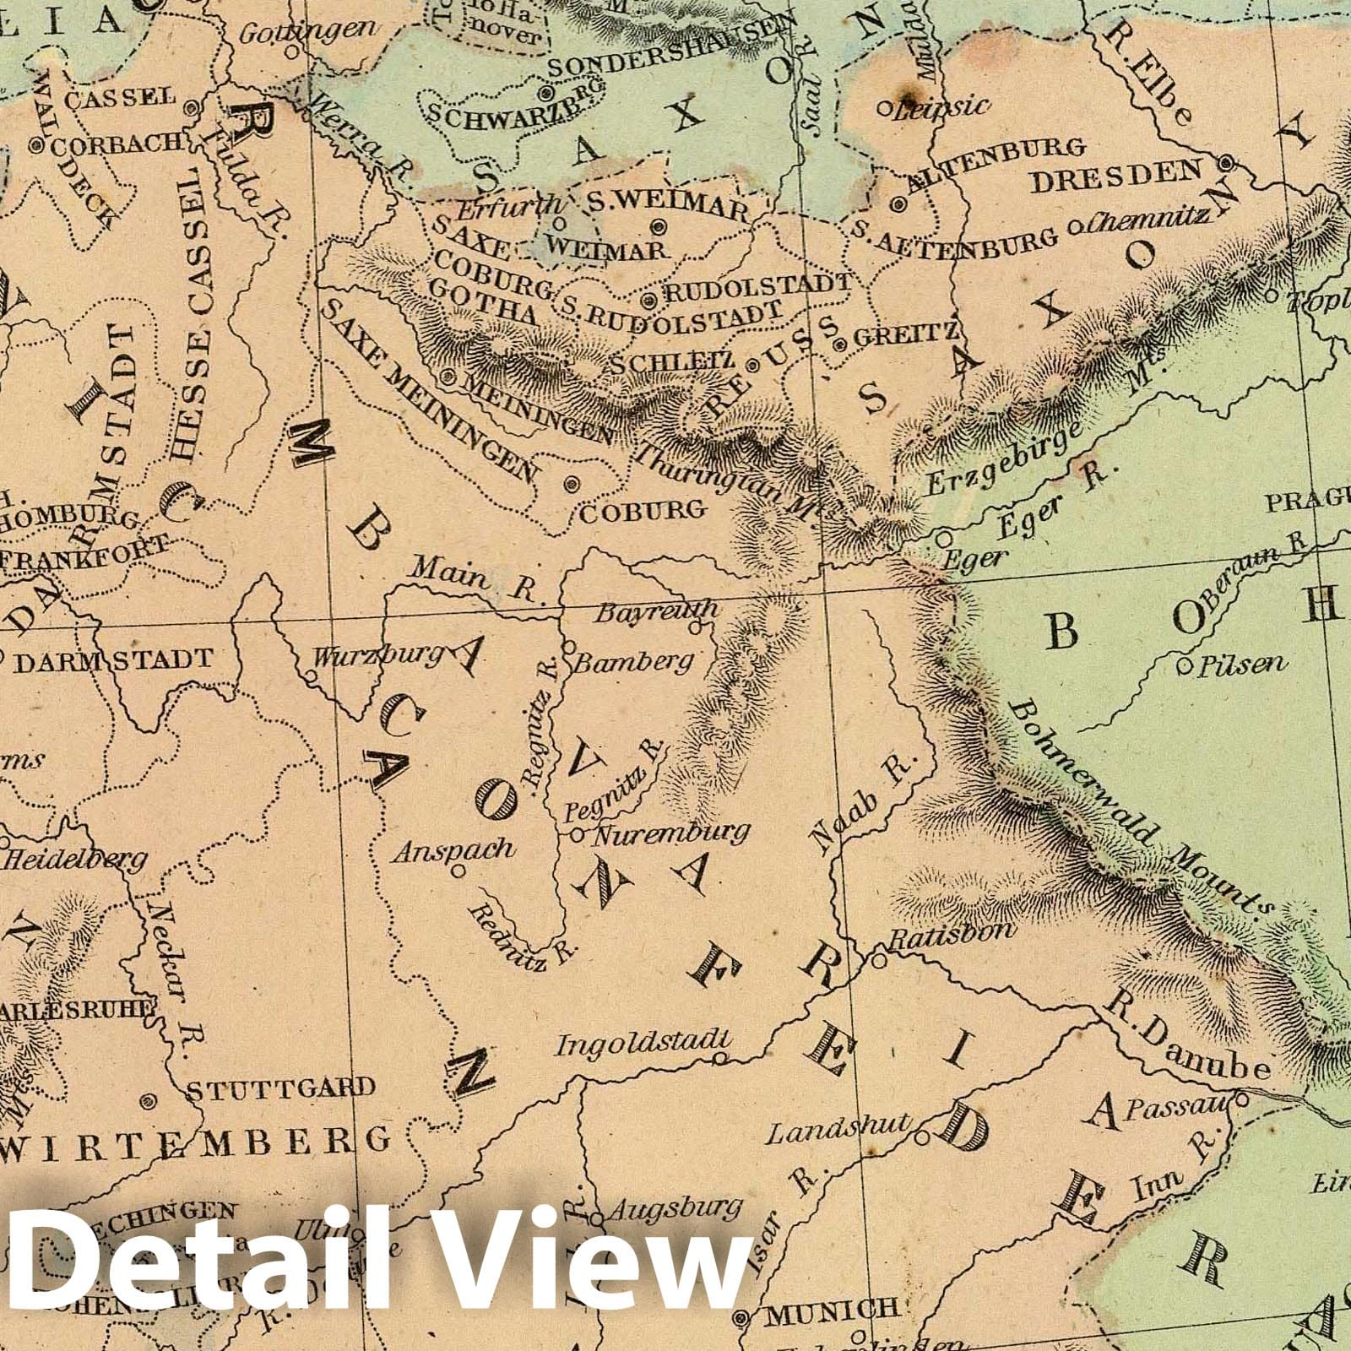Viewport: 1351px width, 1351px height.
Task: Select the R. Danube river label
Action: pos(1191,1039)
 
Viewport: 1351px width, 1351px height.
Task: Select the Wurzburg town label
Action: pos(377,654)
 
